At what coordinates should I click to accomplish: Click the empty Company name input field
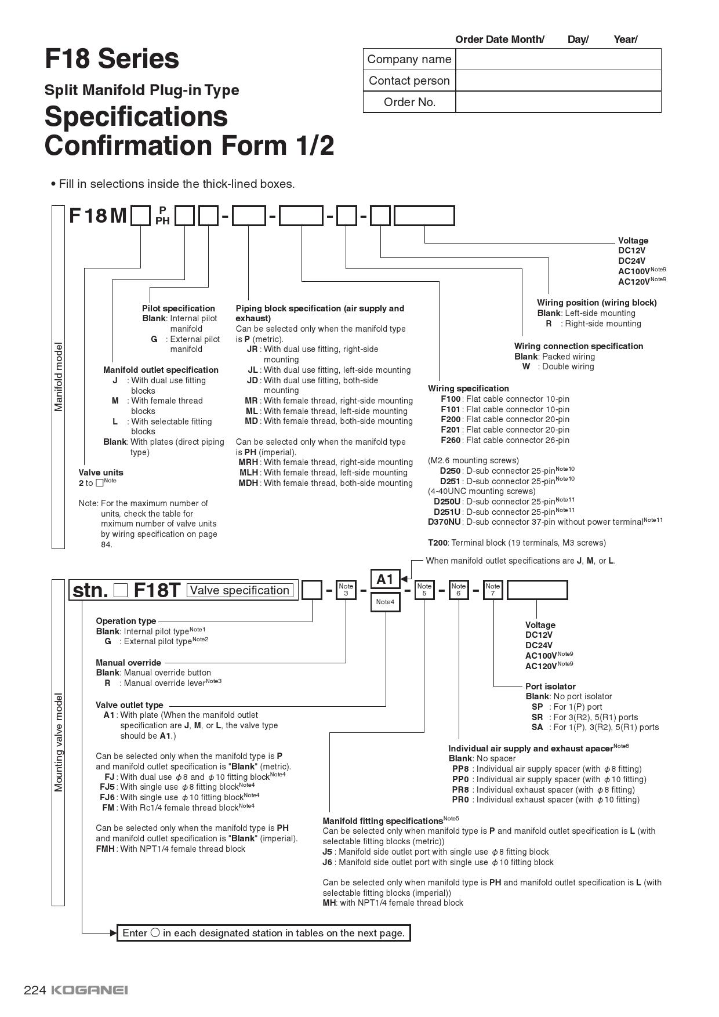pyautogui.click(x=558, y=59)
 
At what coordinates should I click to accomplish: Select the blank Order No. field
pyautogui.click(x=558, y=102)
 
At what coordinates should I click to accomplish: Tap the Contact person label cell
pyautogui.click(x=409, y=81)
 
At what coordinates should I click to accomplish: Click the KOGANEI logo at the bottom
pyautogui.click(x=89, y=990)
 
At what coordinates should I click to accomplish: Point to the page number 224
pyautogui.click(x=34, y=990)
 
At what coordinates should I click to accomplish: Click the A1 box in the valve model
pyautogui.click(x=385, y=579)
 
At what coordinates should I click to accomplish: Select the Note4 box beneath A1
pyautogui.click(x=385, y=602)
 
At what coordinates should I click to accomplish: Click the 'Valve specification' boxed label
pyautogui.click(x=239, y=590)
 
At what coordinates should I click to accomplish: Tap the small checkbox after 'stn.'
pyautogui.click(x=121, y=590)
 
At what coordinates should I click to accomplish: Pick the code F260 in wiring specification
pyautogui.click(x=451, y=440)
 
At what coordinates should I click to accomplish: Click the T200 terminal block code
pyautogui.click(x=438, y=543)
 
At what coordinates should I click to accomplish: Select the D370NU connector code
pyautogui.click(x=444, y=522)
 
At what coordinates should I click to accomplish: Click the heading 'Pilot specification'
pyautogui.click(x=179, y=308)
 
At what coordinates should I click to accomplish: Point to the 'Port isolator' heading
pyautogui.click(x=550, y=686)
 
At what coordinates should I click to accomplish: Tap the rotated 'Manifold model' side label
pyautogui.click(x=59, y=377)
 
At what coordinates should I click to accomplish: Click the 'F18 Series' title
pyautogui.click(x=112, y=59)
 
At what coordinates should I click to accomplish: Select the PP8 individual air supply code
pyautogui.click(x=460, y=769)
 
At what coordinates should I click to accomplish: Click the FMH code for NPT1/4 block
pyautogui.click(x=106, y=849)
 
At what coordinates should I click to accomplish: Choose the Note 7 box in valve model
pyautogui.click(x=493, y=590)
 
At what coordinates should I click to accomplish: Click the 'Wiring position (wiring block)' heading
pyautogui.click(x=597, y=303)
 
